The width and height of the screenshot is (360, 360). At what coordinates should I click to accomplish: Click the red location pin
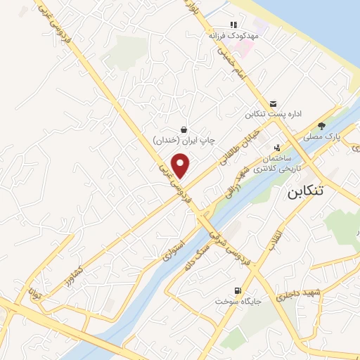(x=181, y=165)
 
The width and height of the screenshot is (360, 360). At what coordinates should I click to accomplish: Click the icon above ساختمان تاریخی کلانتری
(x=277, y=148)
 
